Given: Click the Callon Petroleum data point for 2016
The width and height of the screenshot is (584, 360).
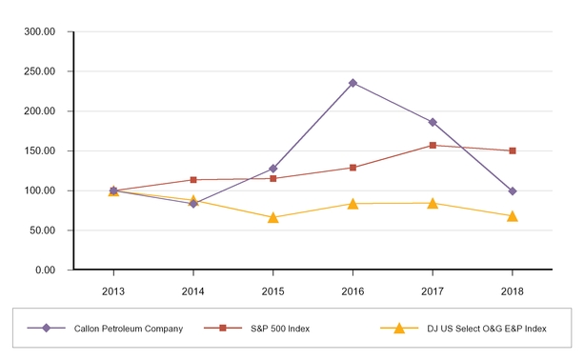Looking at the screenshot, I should tap(352, 83).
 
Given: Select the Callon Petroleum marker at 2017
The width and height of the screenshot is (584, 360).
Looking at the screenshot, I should tap(433, 122).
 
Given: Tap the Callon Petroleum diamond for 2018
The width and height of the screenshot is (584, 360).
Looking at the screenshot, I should tap(513, 191).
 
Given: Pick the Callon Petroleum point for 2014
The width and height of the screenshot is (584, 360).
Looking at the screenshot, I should tap(193, 204).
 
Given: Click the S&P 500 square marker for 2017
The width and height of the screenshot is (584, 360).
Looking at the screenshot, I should tap(433, 146).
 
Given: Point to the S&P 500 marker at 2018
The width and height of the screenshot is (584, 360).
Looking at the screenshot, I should tap(513, 150).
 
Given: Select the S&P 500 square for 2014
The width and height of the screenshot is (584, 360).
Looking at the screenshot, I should tap(193, 180).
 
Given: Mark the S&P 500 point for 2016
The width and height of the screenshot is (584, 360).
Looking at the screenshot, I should tap(352, 168).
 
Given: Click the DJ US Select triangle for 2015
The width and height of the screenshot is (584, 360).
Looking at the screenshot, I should tap(273, 217).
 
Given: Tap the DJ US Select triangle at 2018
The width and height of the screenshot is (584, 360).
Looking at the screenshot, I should tap(513, 215).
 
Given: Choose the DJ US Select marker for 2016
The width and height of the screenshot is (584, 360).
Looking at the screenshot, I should tap(352, 203).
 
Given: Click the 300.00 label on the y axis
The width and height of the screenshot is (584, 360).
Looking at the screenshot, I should tap(40, 31).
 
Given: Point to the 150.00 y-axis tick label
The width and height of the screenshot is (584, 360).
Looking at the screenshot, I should tap(40, 150).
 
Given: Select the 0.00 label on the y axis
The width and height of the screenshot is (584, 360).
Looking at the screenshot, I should tap(46, 270).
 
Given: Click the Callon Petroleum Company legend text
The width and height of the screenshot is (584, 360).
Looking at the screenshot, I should tap(128, 329).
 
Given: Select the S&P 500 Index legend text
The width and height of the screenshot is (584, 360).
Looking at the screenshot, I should tap(279, 329).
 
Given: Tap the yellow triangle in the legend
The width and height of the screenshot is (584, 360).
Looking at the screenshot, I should tap(399, 329).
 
